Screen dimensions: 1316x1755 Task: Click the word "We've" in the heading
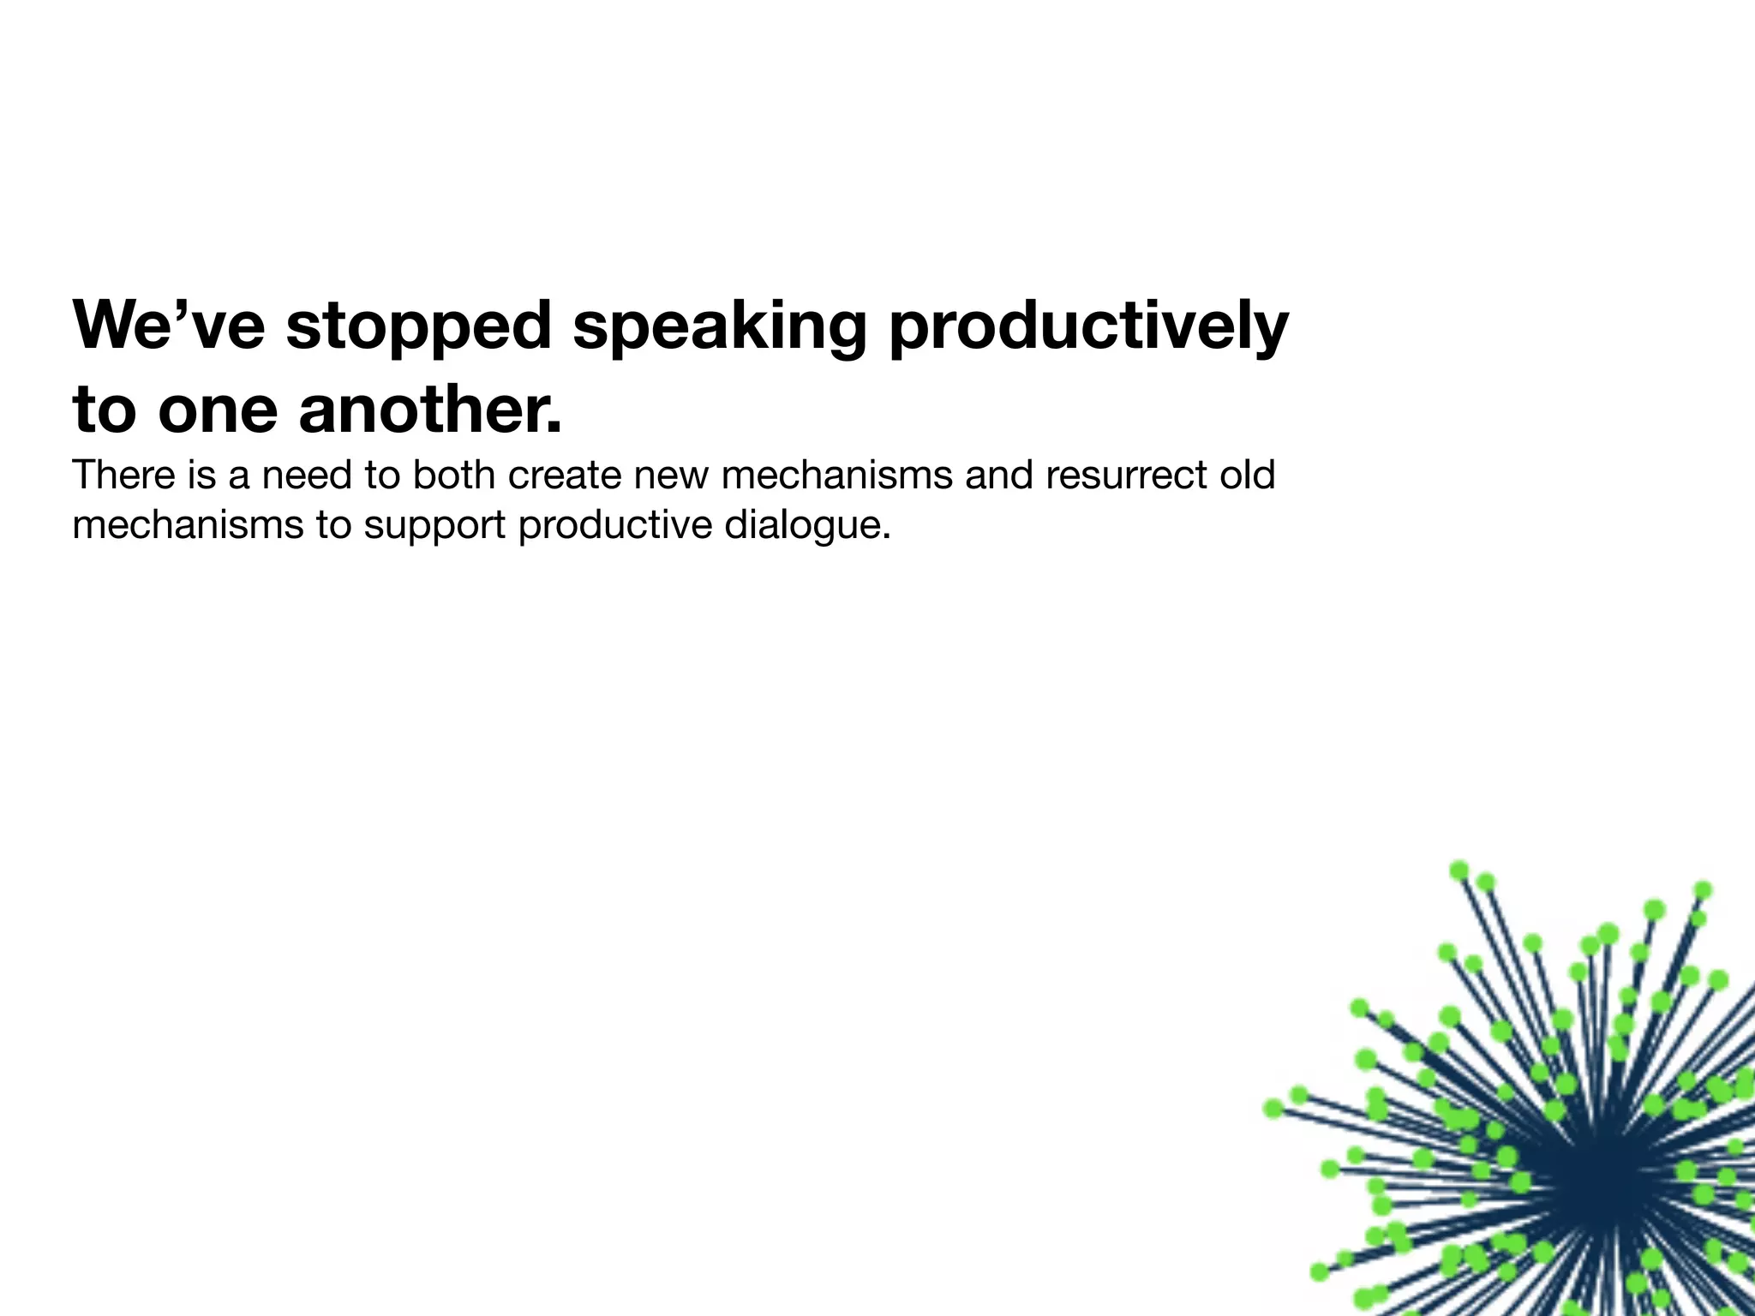169,326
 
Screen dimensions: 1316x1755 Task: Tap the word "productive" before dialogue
614,524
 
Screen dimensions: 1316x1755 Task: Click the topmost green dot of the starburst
1459,870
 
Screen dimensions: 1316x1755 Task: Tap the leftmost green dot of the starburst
1273,1109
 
